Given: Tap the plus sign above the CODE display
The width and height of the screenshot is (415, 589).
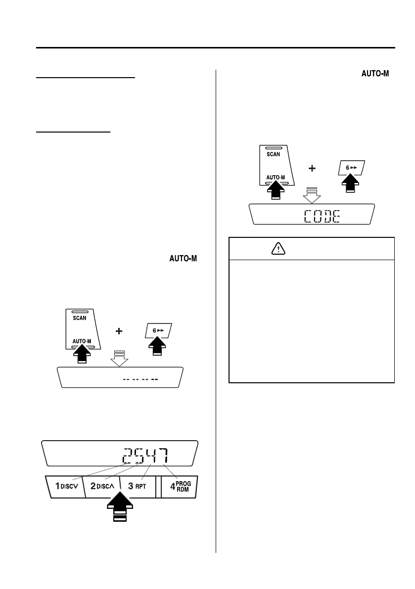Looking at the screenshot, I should pos(312,169).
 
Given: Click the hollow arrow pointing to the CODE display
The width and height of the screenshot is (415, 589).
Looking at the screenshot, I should pos(312,196).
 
